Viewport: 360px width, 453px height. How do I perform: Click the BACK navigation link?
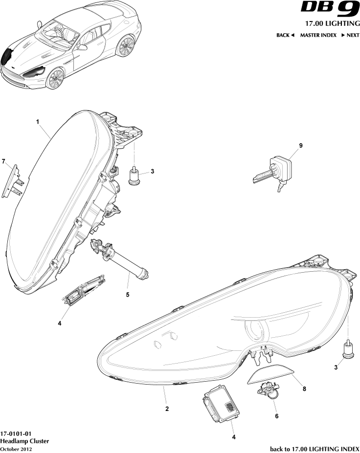(x=285, y=35)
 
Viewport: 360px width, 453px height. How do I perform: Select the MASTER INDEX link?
(x=318, y=35)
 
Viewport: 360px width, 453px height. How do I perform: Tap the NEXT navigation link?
(x=350, y=35)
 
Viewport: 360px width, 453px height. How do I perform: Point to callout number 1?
(x=38, y=122)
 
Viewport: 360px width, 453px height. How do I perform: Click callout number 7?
(x=3, y=161)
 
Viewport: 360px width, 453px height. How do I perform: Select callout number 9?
(x=301, y=145)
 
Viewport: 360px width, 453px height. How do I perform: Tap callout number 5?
(x=127, y=295)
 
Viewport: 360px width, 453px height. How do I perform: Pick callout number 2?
(x=167, y=409)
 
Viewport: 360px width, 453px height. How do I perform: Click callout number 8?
(x=304, y=389)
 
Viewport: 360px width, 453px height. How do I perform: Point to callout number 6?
(x=276, y=416)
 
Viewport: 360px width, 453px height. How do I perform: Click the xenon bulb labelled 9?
(x=273, y=173)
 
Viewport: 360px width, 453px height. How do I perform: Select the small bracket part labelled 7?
(x=13, y=181)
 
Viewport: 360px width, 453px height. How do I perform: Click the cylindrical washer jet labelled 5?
(x=119, y=259)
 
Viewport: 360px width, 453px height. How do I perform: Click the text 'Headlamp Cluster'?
(x=24, y=441)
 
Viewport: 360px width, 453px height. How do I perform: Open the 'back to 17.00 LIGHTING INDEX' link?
(x=315, y=449)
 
